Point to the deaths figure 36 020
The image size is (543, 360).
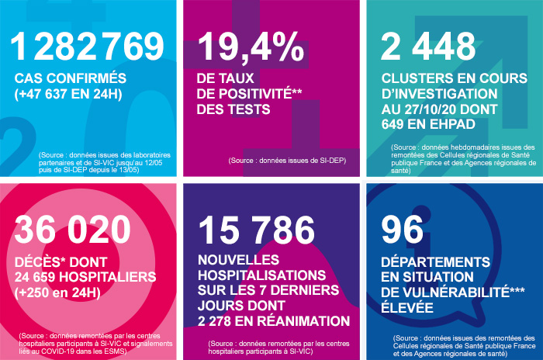73,230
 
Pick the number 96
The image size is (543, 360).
403,230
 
